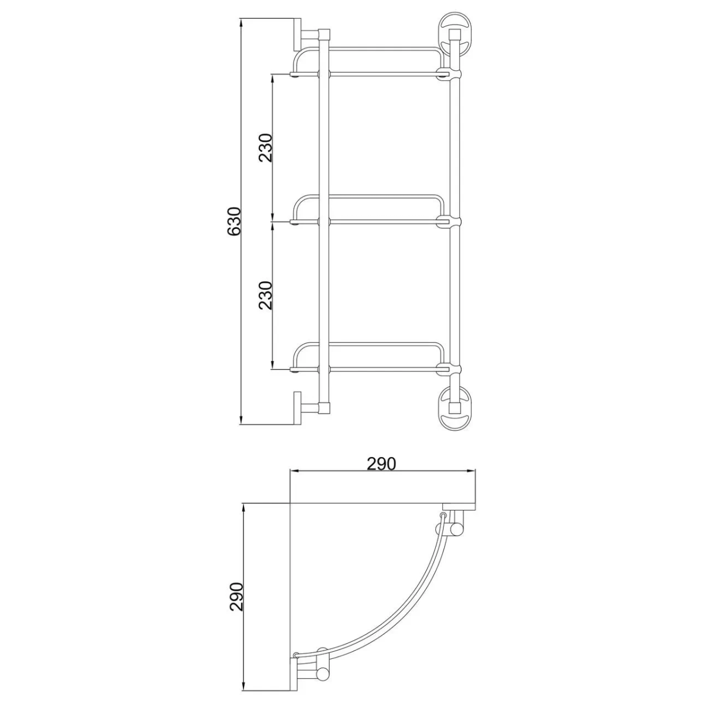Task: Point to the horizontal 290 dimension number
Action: (381, 464)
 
